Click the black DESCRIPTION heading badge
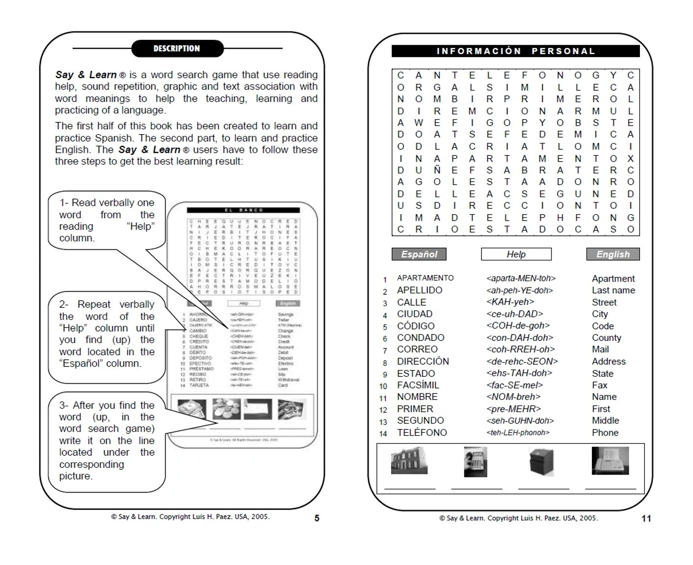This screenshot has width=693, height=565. coord(177,49)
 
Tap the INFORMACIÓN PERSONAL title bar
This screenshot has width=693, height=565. coord(515,51)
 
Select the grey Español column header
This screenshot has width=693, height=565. coord(419,254)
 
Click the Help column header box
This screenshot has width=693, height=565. coord(516,254)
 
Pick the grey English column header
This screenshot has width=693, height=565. coord(613,254)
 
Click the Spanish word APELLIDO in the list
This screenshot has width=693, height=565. coord(420,290)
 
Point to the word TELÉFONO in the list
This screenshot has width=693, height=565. coord(422,432)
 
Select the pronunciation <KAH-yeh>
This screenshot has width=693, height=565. coord(510,302)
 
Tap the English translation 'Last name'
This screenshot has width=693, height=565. coord(613,290)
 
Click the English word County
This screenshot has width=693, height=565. coord(606,338)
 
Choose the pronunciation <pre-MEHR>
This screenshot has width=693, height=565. coord(513,409)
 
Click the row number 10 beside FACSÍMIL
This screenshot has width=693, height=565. coord(383,386)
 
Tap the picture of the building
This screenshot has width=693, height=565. coord(409,461)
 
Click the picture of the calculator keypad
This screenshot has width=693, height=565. coord(476,462)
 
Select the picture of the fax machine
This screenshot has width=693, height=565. coord(610,460)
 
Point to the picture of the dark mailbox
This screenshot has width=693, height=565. coord(541,462)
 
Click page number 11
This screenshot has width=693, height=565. coord(646,518)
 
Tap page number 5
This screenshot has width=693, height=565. coord(317,518)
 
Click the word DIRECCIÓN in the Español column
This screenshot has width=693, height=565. coord(423,361)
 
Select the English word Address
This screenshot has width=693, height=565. coord(609,361)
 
